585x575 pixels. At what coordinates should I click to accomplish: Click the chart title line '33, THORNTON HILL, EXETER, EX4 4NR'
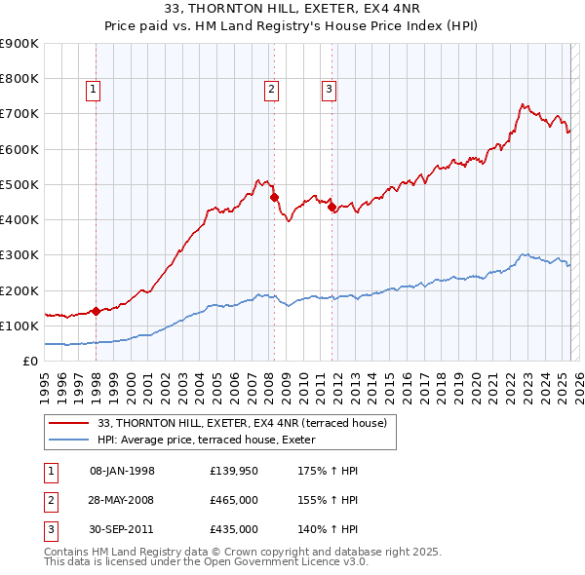pos(292,9)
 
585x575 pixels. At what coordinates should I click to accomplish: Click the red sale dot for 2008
pos(274,197)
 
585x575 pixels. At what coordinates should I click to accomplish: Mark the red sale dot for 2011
pos(332,208)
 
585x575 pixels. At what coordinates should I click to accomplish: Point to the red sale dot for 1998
pos(97,312)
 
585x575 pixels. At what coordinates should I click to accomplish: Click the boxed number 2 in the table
pos(50,500)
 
